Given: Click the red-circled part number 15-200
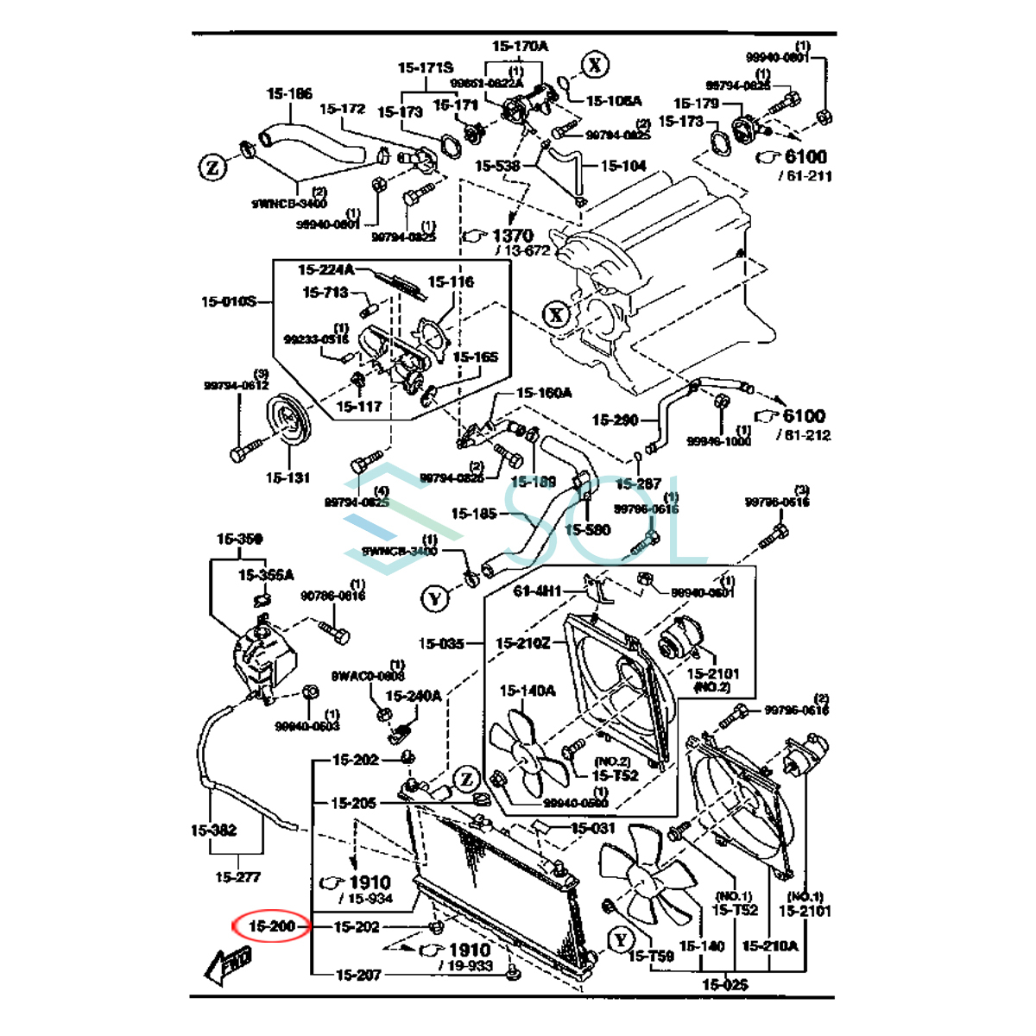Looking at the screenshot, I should [x=272, y=926].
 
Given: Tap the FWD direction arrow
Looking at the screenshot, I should [x=229, y=963].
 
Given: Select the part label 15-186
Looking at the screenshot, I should [x=289, y=93].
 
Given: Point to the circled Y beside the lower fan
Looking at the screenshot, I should [x=621, y=939].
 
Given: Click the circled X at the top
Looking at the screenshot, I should [x=595, y=65].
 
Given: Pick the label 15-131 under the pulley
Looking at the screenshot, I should [x=287, y=477].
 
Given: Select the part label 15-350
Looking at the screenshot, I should [x=239, y=539].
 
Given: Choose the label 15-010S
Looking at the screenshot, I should [x=229, y=301].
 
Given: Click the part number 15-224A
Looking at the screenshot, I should [x=325, y=270].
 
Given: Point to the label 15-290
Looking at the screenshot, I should [x=615, y=420].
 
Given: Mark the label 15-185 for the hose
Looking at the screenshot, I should [x=474, y=514].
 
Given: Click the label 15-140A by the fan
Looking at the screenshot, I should [x=527, y=691].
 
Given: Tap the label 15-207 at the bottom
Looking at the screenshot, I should [x=358, y=975].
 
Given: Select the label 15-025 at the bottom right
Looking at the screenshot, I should [x=724, y=983].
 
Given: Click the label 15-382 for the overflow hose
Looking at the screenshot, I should [x=213, y=831].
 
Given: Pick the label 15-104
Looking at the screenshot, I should [x=623, y=166].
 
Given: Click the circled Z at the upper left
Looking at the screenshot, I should [x=212, y=167].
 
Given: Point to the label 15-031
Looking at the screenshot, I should [x=593, y=828].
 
